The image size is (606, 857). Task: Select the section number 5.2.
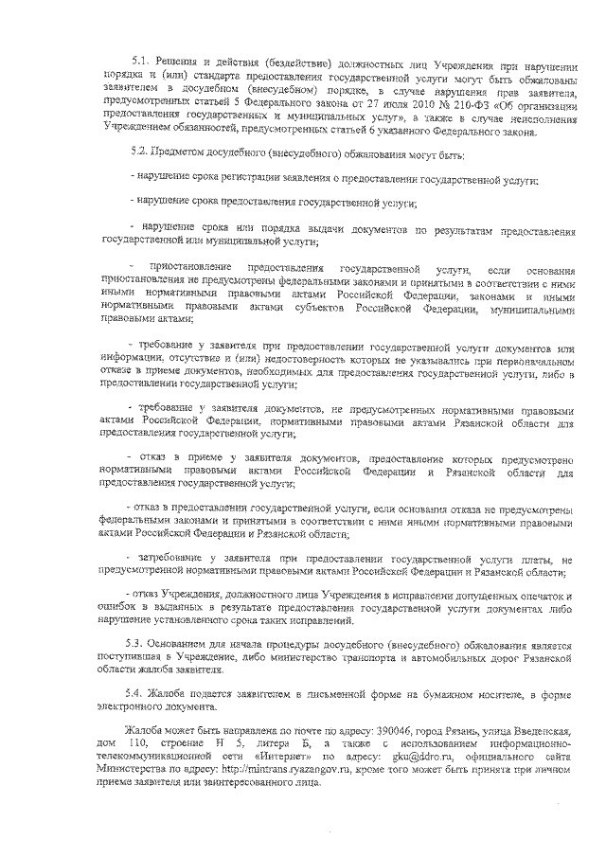click(136, 152)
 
